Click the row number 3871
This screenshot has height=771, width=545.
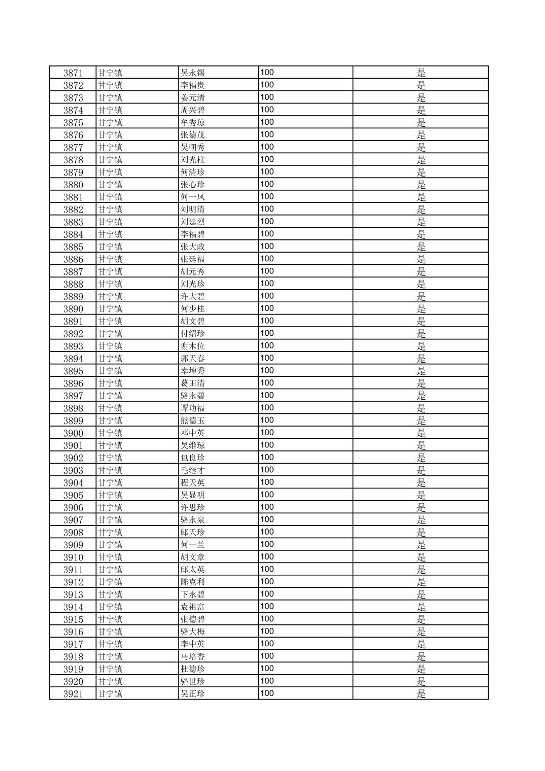click(x=73, y=73)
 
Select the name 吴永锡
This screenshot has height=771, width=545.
click(x=193, y=73)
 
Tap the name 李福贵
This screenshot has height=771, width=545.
click(x=193, y=85)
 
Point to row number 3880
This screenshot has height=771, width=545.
click(x=73, y=185)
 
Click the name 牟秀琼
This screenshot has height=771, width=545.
click(x=193, y=122)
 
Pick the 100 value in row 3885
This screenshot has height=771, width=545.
click(x=267, y=247)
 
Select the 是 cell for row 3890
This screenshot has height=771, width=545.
click(x=421, y=309)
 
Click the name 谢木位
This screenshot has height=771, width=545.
click(x=193, y=346)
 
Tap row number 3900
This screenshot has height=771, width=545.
click(x=73, y=433)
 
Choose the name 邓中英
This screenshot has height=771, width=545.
click(x=193, y=433)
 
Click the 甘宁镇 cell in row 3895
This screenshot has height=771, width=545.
click(x=110, y=371)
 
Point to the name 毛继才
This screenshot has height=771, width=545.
click(x=193, y=470)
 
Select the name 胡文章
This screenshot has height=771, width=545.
click(x=193, y=557)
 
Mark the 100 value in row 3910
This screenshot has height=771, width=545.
click(x=267, y=557)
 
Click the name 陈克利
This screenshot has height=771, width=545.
click(x=193, y=582)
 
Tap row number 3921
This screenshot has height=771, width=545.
click(x=73, y=694)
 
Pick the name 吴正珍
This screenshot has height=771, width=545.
click(x=193, y=694)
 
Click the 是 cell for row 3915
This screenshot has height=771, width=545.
click(x=421, y=619)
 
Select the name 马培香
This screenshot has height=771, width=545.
click(x=193, y=657)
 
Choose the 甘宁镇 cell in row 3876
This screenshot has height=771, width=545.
click(x=110, y=135)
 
